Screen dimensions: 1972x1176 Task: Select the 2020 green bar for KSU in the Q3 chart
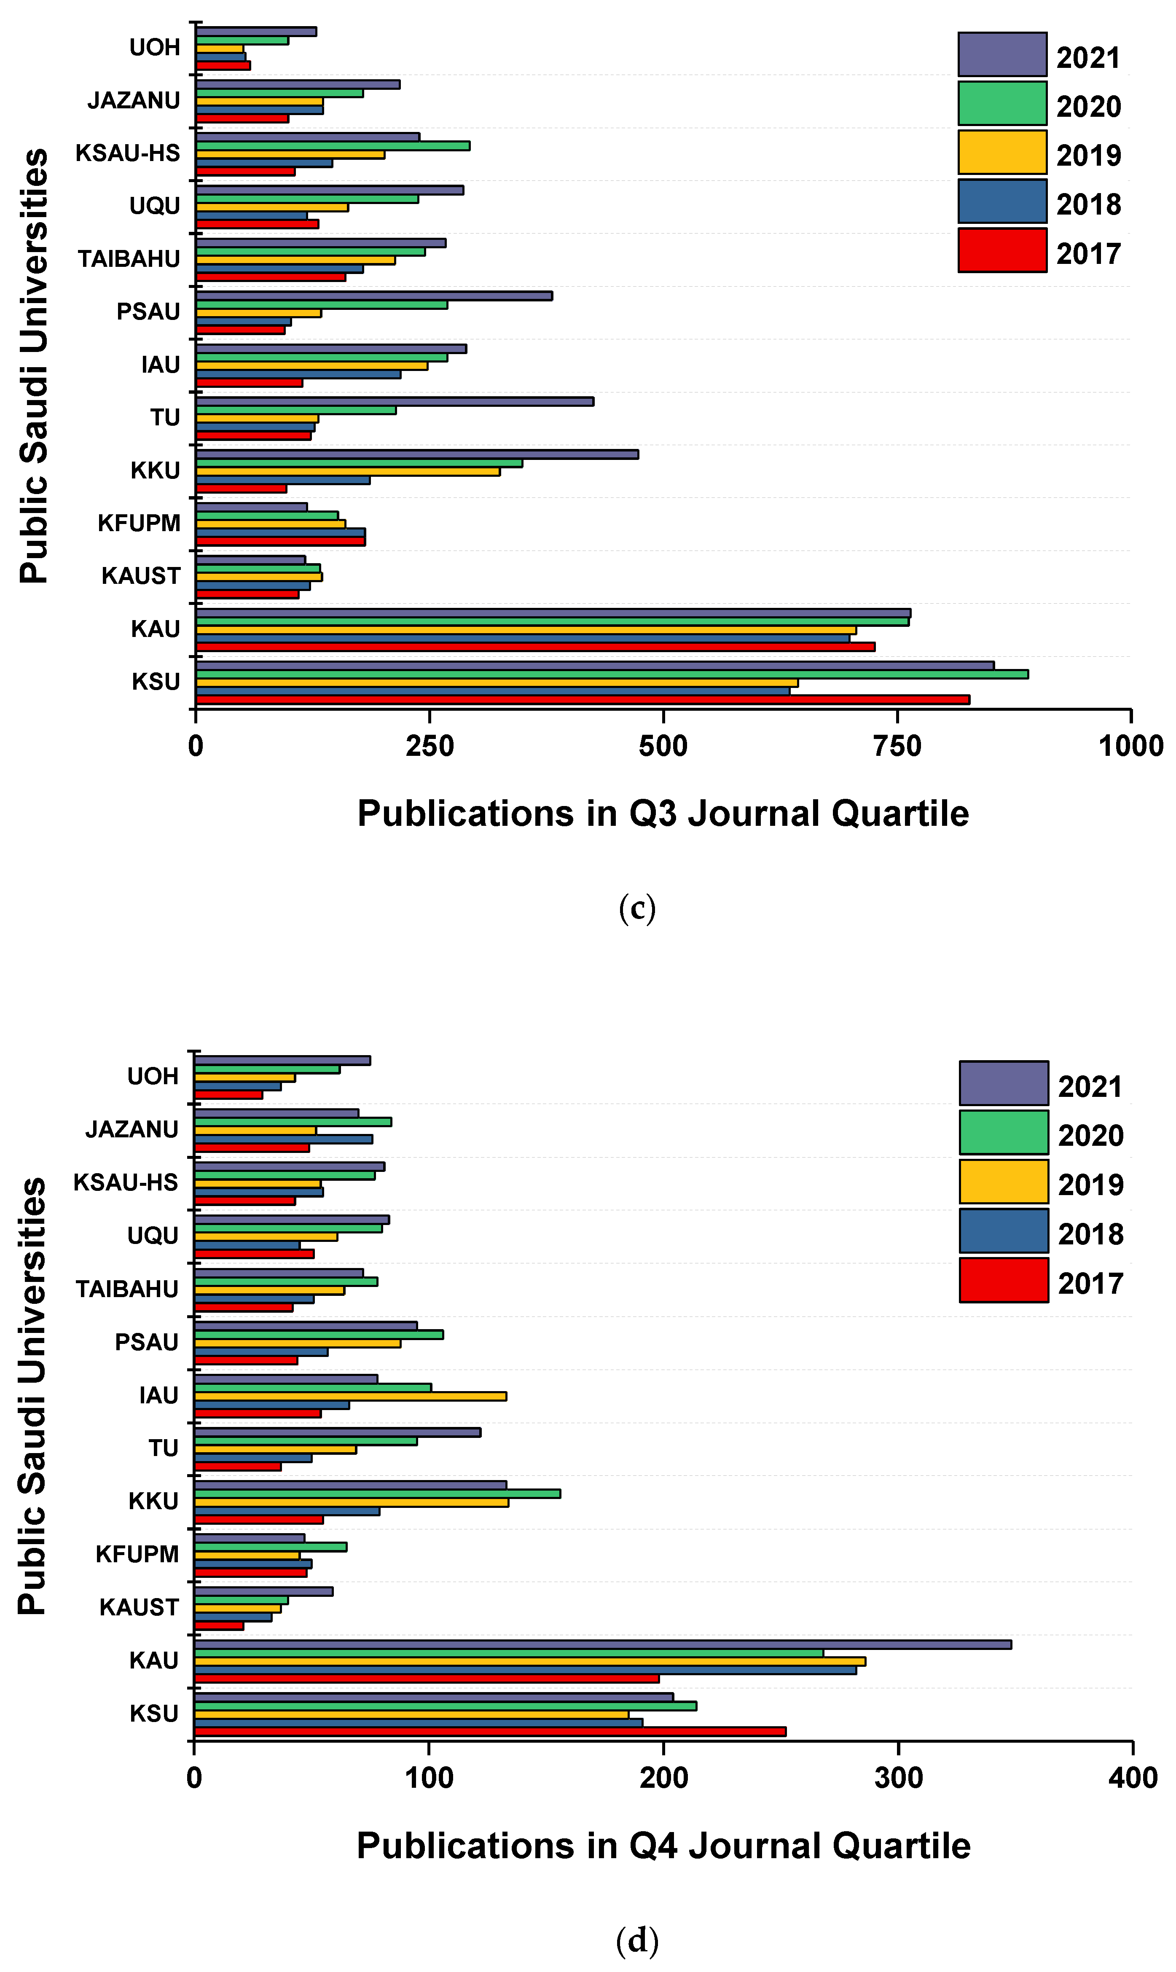pyautogui.click(x=612, y=674)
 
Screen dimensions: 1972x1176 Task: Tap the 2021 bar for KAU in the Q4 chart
pyautogui.click(x=602, y=1645)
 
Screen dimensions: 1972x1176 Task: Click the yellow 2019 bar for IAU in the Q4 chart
pyautogui.click(x=350, y=1397)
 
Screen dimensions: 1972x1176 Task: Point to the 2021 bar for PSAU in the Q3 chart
pyautogui.click(x=374, y=296)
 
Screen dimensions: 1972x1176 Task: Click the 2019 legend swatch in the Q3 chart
pyautogui.click(x=1001, y=152)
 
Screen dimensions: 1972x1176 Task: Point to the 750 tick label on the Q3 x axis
pyautogui.click(x=897, y=746)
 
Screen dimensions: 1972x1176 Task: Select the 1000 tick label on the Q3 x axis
pyautogui.click(x=1130, y=746)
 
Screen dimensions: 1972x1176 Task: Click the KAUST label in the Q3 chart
pyautogui.click(x=141, y=576)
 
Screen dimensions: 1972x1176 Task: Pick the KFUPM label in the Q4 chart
pyautogui.click(x=137, y=1555)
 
